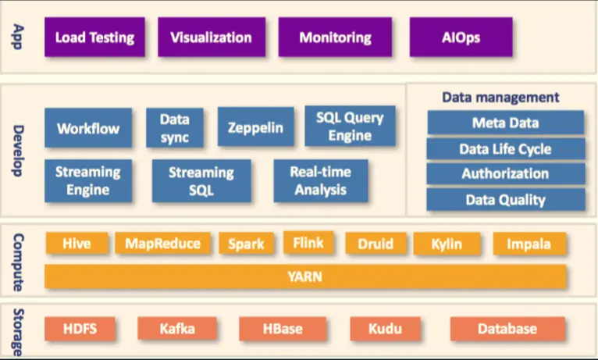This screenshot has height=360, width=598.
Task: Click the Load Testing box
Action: point(94,37)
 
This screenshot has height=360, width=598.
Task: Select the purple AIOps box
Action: point(461,37)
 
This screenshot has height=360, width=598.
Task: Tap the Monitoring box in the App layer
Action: point(335,37)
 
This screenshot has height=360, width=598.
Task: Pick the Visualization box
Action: point(211,37)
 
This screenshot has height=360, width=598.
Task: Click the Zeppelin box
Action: point(255,127)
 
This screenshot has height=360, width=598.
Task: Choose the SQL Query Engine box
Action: point(350,127)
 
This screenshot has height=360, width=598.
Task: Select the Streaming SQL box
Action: point(201,181)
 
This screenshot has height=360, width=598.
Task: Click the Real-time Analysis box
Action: point(320,180)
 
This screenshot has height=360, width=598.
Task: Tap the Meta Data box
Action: point(505,123)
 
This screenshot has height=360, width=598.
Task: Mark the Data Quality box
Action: point(505,199)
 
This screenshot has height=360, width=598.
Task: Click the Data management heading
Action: point(500,98)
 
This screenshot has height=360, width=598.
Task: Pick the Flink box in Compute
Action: point(308,243)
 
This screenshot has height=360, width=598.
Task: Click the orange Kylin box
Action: point(447,244)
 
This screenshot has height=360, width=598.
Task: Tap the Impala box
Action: point(529,244)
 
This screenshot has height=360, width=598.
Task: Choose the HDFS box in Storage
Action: point(80,329)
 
